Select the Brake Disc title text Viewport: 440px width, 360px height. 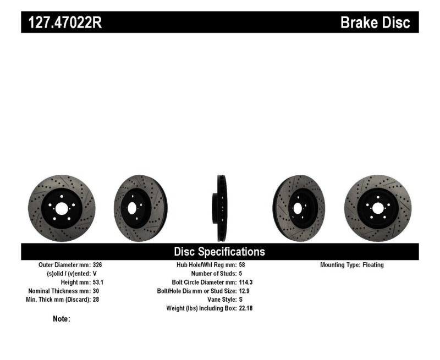[x=375, y=23]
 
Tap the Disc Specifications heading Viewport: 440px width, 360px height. [x=219, y=252]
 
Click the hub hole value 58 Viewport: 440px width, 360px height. [x=243, y=264]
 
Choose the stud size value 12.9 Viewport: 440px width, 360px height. [x=245, y=291]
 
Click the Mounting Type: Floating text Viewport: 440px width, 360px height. [x=352, y=264]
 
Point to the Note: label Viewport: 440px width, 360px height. [x=62, y=318]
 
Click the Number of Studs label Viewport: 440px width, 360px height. [x=213, y=273]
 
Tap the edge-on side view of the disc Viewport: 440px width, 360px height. [x=220, y=208]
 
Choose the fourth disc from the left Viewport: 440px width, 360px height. [x=299, y=208]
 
